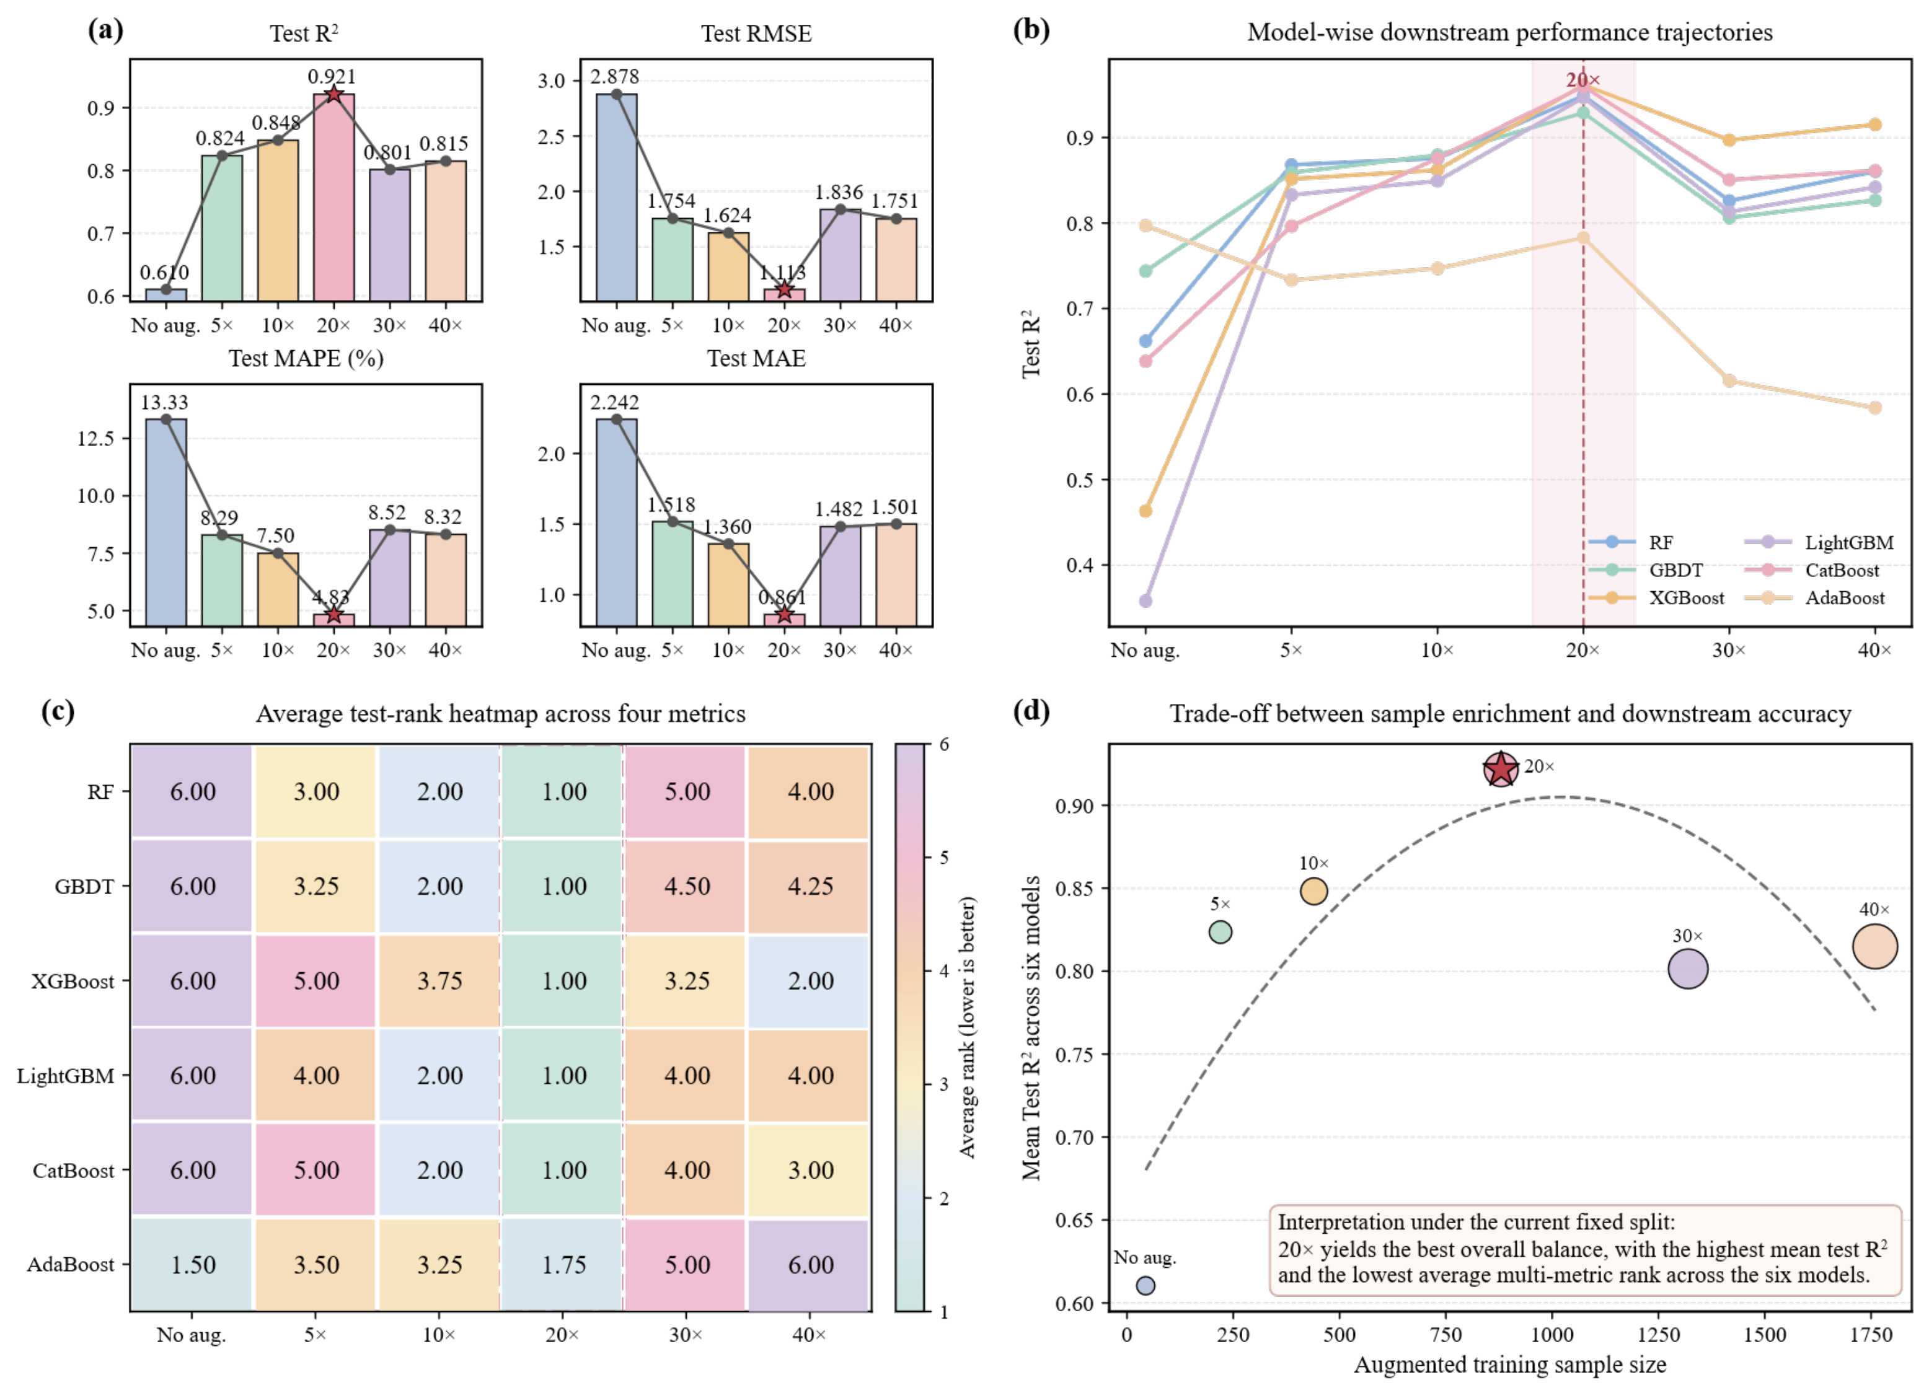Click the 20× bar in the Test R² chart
(x=333, y=197)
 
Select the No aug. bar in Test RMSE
(x=617, y=197)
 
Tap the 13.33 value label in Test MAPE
(x=164, y=402)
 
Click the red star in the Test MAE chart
(x=784, y=615)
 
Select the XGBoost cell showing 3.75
(x=439, y=980)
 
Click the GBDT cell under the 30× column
(x=686, y=886)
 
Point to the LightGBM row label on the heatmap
(x=66, y=1076)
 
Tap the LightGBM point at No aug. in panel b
(x=1145, y=600)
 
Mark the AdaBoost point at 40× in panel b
(x=1874, y=408)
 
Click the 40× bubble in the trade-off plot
(x=1874, y=946)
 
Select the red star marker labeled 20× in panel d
(x=1501, y=770)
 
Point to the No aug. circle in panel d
(x=1145, y=1285)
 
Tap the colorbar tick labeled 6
(x=944, y=745)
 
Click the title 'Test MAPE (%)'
(x=306, y=358)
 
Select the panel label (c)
(x=58, y=711)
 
